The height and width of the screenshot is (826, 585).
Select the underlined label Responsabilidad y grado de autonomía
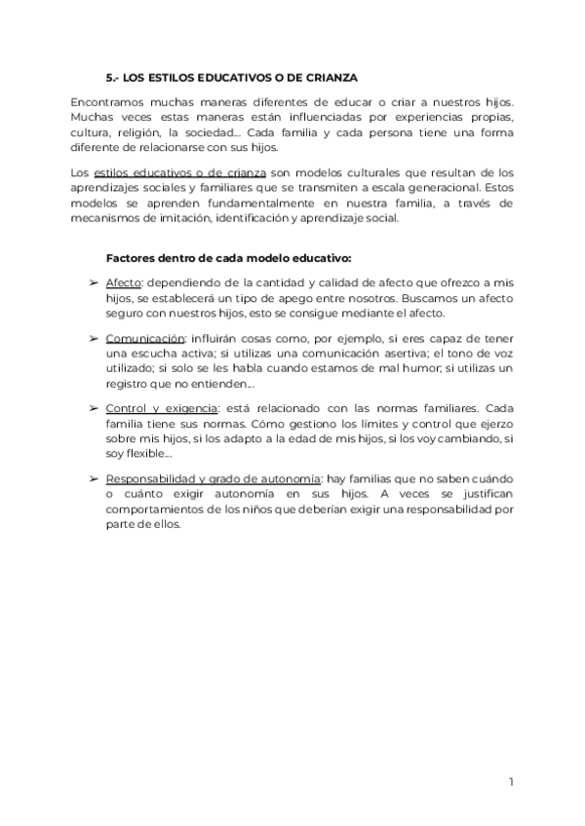click(x=214, y=479)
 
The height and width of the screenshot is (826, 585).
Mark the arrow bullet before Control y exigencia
click(x=93, y=408)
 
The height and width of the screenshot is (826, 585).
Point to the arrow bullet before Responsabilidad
click(x=93, y=479)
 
